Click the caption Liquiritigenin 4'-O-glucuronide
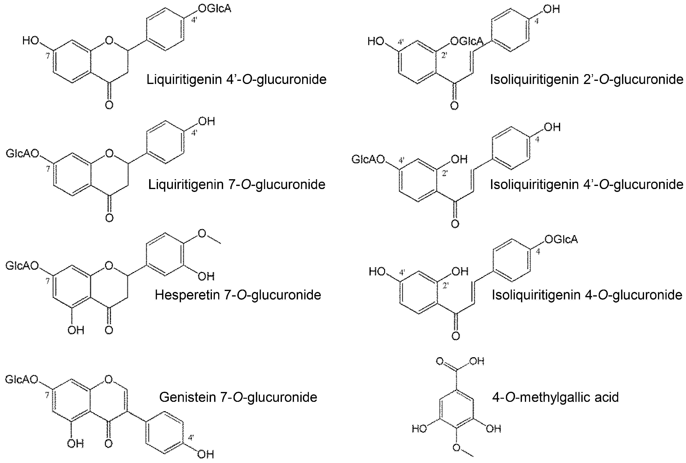coord(236,79)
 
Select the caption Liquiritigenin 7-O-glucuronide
coord(237,184)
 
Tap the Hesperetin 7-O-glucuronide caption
coord(238,295)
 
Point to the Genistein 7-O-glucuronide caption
coord(238,397)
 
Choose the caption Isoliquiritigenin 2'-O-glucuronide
coord(586,79)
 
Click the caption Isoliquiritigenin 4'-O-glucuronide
coord(586,184)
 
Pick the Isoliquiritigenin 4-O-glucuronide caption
coord(587,295)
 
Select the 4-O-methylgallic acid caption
coord(555,397)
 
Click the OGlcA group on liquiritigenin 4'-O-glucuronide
coord(215,9)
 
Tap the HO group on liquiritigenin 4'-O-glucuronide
coord(30,41)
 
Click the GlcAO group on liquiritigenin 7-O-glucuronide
coord(22,154)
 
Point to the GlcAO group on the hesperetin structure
coord(22,266)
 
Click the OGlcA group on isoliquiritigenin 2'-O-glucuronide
coord(467,41)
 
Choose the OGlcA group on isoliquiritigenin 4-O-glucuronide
coord(561,239)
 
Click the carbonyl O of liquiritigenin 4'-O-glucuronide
coord(109,105)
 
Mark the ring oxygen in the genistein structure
coord(109,379)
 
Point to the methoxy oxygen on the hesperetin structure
coord(202,234)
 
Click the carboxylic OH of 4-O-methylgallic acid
coord(477,361)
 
